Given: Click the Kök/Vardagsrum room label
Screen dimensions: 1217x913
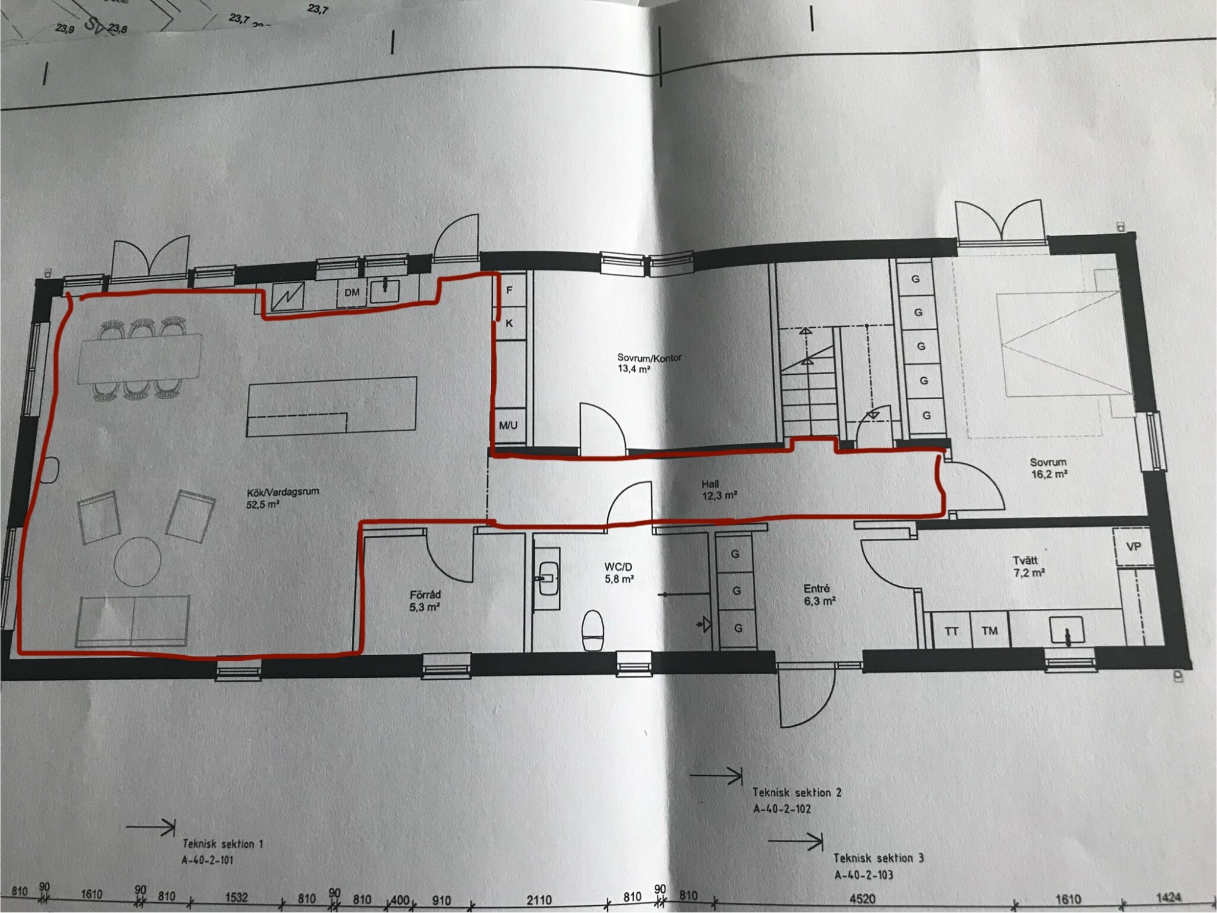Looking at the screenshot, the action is pos(283,498).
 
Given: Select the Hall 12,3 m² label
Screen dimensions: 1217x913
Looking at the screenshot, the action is pos(719,489).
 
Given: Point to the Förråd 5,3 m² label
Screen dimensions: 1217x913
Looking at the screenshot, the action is pos(425,601).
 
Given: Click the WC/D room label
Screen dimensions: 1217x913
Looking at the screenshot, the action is pos(617,567).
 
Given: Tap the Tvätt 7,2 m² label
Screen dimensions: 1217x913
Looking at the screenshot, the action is pos(1029,567).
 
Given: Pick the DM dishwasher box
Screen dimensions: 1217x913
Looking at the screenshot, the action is pos(352,293).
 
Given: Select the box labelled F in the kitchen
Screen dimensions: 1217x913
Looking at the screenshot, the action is pos(509,290).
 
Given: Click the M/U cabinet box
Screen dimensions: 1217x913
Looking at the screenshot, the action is pos(508,425).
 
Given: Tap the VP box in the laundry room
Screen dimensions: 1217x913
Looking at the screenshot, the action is pos(1133,546).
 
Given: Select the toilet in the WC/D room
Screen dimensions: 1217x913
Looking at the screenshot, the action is pos(593,631).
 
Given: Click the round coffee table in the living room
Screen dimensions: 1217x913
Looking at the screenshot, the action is pos(138,560).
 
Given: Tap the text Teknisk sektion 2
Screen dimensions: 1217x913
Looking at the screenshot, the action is pos(797,792).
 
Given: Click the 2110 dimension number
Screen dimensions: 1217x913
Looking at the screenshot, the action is pos(538,900).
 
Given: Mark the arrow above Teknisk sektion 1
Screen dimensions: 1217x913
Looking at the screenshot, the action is pos(151,827).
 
